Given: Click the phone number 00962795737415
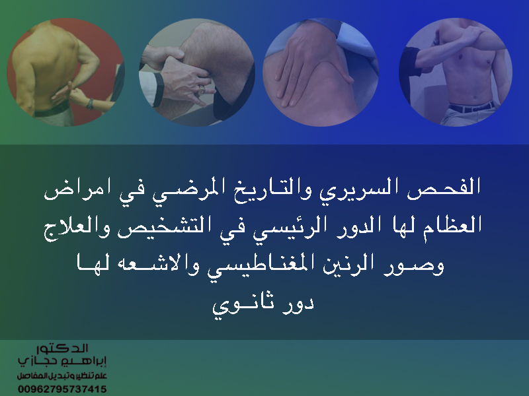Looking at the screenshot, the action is pos(62,389).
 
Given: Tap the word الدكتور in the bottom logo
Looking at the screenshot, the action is pos(62,348).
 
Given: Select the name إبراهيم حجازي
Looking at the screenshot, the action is pos(62,361).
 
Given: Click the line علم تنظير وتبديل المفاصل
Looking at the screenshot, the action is pos(62,376).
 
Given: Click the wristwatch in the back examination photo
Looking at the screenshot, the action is pos(90,104).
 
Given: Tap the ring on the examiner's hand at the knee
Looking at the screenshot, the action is pos(202,90).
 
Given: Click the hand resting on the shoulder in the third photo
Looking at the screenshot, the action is pos(309,64).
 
